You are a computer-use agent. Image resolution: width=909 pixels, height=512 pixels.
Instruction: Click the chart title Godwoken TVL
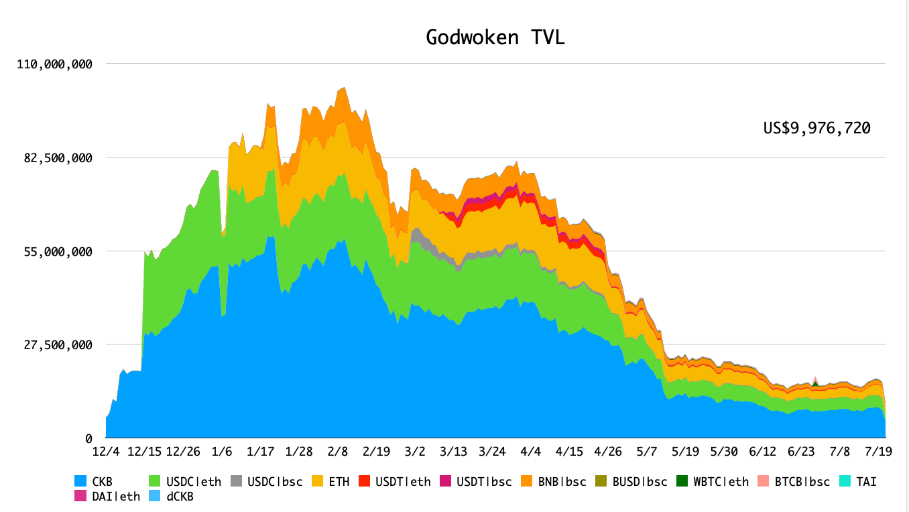tap(495, 38)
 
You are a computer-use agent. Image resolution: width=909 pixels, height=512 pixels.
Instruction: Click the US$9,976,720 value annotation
tap(816, 128)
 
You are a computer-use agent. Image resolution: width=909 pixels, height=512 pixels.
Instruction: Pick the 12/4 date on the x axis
tap(107, 451)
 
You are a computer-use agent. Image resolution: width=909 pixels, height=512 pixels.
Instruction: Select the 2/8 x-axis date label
tap(338, 451)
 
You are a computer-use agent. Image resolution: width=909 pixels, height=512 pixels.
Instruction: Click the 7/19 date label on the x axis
tap(879, 451)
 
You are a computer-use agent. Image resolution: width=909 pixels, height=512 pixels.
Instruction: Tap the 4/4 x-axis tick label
tap(531, 451)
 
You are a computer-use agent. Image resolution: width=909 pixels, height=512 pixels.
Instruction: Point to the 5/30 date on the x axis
tap(724, 451)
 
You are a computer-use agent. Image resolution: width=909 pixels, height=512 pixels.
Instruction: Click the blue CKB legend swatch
tap(80, 481)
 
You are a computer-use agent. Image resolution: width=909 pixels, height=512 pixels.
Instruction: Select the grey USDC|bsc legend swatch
tap(236, 481)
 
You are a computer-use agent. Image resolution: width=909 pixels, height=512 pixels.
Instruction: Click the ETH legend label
tap(338, 481)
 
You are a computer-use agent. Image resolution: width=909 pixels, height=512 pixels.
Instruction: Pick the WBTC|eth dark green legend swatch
tap(682, 481)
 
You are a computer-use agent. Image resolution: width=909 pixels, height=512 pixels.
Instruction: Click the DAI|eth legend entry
tap(117, 496)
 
